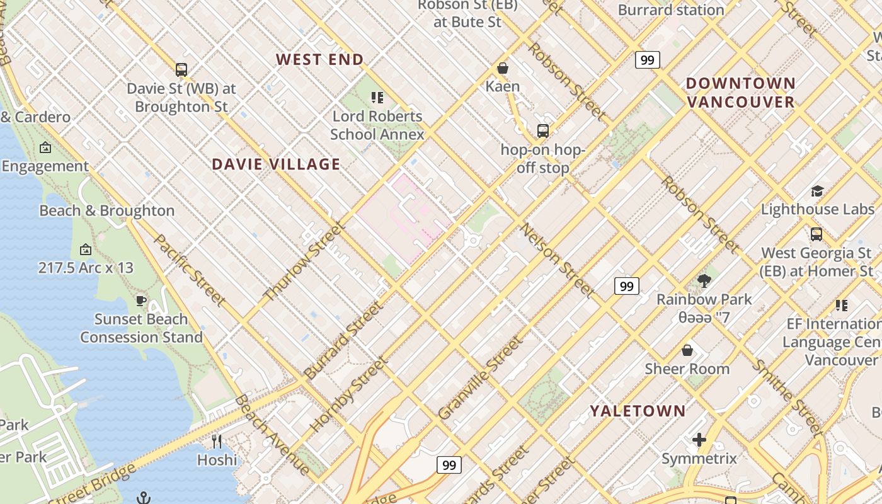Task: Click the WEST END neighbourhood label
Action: (x=320, y=60)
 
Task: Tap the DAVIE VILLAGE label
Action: (x=276, y=164)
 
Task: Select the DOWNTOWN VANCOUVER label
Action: (x=740, y=93)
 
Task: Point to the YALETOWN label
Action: (x=638, y=411)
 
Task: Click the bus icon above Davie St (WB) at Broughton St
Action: (x=181, y=70)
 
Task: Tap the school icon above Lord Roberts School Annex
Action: (x=377, y=98)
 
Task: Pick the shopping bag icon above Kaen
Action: (x=503, y=68)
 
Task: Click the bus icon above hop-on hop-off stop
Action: (x=543, y=131)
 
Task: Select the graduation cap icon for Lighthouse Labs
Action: (x=817, y=191)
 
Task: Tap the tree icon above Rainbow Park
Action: (x=704, y=281)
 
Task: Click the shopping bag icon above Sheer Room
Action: (x=687, y=350)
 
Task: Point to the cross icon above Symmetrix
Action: (x=699, y=440)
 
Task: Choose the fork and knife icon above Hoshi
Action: (x=217, y=441)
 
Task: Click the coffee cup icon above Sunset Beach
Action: (x=141, y=301)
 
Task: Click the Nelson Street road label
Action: (x=557, y=260)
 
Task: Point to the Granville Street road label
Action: (x=480, y=378)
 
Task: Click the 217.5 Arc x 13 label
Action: (x=86, y=268)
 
